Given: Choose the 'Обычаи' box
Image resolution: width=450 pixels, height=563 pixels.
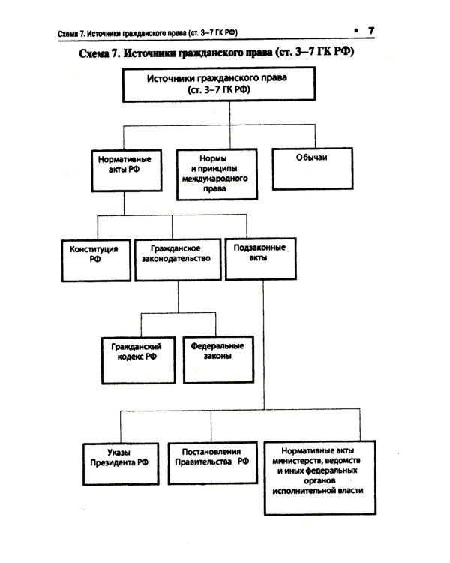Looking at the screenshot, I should [x=310, y=168].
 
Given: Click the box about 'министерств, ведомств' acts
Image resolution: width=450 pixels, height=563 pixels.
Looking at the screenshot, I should [x=319, y=476].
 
